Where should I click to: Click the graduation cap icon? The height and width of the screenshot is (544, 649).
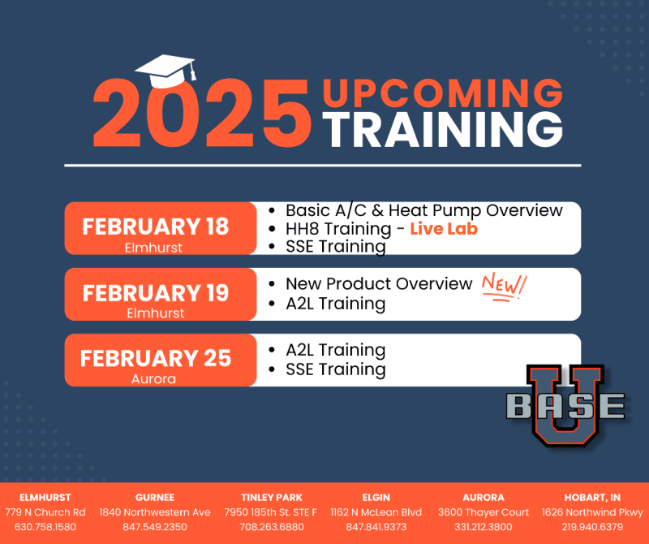[165, 71]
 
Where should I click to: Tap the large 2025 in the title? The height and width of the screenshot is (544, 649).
[202, 113]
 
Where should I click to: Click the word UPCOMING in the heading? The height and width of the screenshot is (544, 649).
[442, 93]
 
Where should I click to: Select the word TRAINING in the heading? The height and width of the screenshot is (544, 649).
[442, 130]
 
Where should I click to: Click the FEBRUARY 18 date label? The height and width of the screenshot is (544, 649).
[155, 227]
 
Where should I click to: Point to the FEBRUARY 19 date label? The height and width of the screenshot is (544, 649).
[155, 293]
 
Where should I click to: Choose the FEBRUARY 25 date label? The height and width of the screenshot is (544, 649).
[155, 358]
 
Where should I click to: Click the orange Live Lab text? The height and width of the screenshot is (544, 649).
[444, 229]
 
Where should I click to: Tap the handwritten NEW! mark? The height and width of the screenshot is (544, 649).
[504, 287]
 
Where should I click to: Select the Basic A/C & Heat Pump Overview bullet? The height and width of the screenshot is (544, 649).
[423, 210]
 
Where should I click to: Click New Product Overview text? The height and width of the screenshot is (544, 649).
[379, 284]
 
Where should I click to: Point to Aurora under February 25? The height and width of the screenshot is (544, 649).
[153, 378]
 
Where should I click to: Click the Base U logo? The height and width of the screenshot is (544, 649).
[565, 405]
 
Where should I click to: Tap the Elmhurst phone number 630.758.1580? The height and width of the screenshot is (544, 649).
[45, 527]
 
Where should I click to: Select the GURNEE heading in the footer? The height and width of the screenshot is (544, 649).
[155, 497]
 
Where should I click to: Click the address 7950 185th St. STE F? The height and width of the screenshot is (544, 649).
[271, 512]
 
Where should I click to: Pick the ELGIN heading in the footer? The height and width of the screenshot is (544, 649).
[376, 497]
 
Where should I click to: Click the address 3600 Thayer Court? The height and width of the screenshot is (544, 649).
[484, 512]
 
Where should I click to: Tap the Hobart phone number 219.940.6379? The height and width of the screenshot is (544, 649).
[592, 527]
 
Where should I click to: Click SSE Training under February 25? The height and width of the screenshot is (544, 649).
[335, 369]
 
